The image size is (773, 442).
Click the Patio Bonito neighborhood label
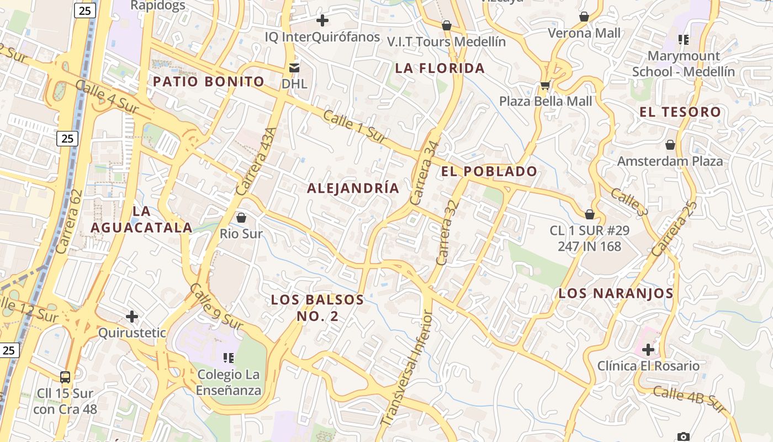209,82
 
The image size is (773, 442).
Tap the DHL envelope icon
294,67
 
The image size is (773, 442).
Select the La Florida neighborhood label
440,69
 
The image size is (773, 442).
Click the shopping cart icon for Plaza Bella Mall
545,85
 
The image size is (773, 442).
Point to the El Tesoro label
680,112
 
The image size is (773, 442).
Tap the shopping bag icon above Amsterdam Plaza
670,145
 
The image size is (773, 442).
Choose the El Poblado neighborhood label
489,172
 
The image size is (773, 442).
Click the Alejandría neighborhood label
353,188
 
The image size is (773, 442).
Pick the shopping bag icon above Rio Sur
241,217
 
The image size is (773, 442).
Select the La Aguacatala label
141,219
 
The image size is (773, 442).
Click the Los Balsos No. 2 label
317,308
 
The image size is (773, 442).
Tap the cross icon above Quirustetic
131,317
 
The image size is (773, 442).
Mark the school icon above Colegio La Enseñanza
228,358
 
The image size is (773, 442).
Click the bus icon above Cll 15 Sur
65,377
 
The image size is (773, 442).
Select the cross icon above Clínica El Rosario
648,349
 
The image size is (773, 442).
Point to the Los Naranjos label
616,293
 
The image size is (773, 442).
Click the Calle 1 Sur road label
354,128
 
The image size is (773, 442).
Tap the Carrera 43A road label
255,161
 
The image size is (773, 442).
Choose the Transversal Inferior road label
407,367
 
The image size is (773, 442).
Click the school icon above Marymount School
684,39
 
